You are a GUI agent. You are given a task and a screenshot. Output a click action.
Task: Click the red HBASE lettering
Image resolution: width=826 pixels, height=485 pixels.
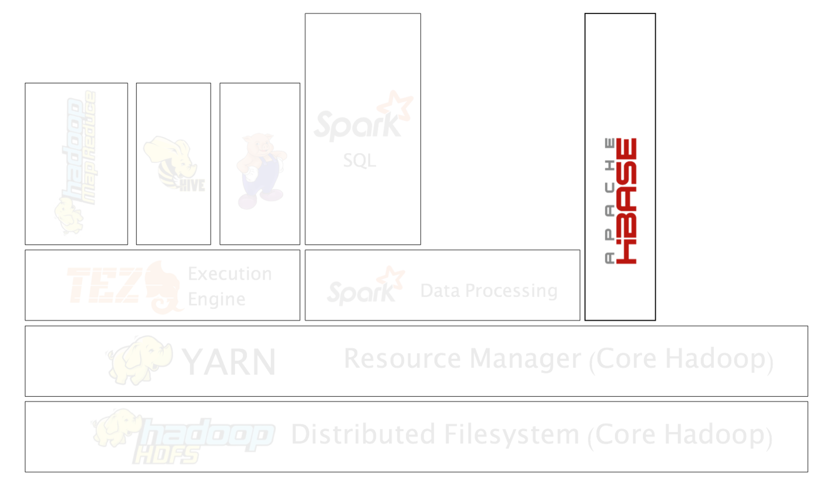[627, 200]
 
